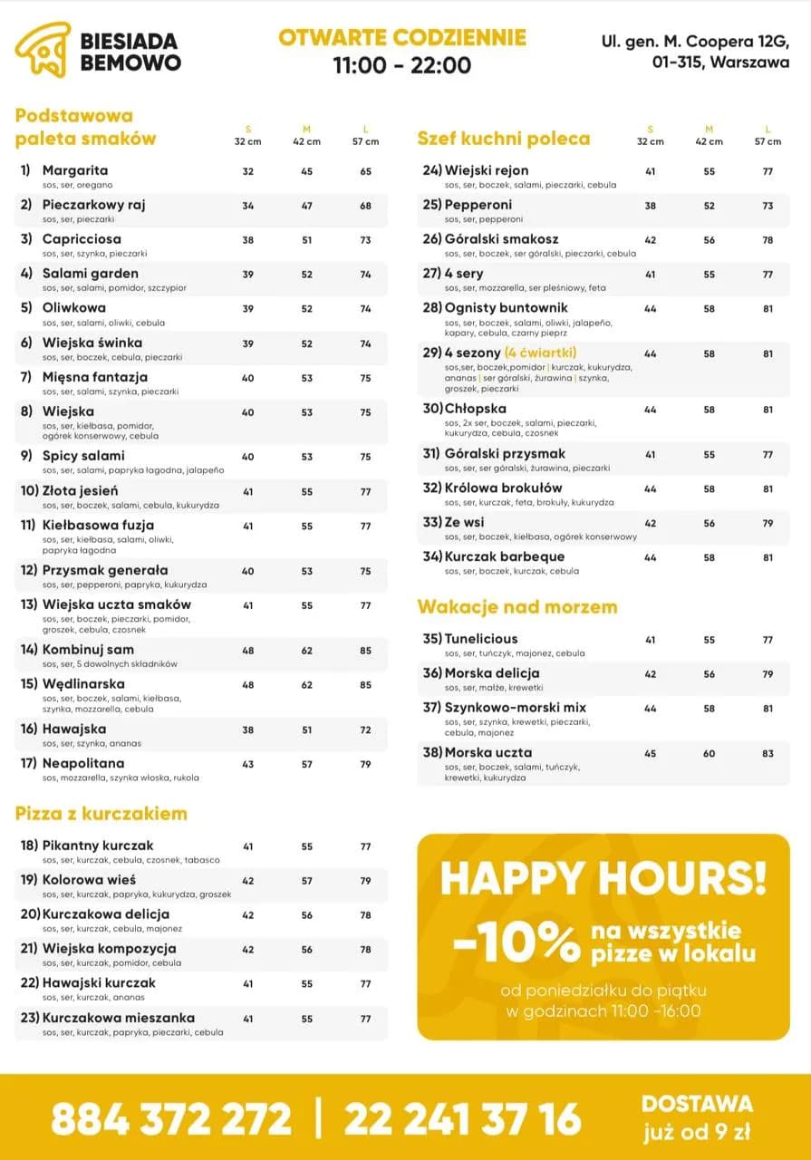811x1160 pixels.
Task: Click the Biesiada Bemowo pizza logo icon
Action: point(43,51)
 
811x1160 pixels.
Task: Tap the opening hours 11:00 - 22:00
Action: point(401,65)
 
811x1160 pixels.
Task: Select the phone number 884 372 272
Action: point(171,1118)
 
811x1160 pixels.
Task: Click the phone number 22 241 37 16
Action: point(462,1118)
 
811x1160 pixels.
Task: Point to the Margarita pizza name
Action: point(75,170)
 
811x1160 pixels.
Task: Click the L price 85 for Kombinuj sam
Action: point(365,651)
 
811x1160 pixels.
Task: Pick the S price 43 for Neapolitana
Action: point(248,765)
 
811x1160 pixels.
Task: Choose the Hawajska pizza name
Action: point(74,729)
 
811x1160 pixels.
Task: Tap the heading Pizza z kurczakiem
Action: point(101,813)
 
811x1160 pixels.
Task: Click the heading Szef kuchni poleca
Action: point(503,139)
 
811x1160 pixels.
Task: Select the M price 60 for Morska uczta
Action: point(709,754)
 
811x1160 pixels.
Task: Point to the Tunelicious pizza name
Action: point(481,639)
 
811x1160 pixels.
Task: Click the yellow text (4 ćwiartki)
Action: point(541,353)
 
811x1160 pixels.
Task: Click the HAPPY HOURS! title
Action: point(603,877)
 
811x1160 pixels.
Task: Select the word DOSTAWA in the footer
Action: point(697,1103)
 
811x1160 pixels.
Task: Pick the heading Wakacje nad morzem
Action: point(517,606)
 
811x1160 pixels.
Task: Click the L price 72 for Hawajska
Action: point(365,730)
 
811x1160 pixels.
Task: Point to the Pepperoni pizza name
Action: point(478,205)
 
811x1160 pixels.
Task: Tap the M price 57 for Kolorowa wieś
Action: point(306,881)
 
